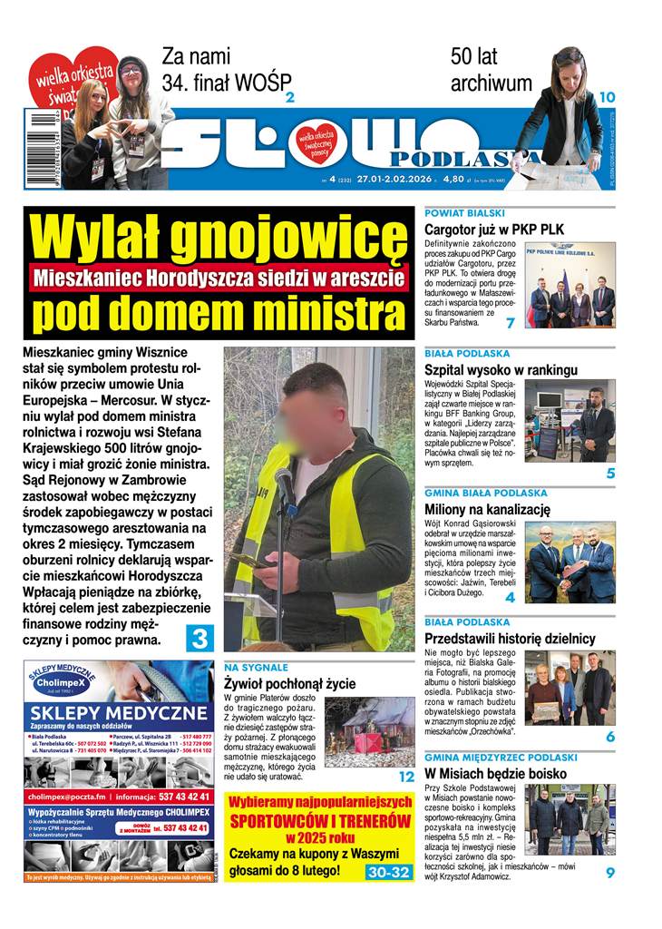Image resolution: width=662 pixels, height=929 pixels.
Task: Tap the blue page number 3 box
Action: [199, 639]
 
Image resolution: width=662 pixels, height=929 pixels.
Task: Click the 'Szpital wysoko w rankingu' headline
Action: [501, 369]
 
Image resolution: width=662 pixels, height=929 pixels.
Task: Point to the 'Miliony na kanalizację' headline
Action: [487, 509]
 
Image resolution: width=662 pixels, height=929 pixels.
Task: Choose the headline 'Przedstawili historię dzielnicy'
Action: [510, 639]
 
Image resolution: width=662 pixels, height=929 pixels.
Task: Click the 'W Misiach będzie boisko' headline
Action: [495, 774]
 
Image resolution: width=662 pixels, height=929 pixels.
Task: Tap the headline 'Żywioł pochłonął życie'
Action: [289, 684]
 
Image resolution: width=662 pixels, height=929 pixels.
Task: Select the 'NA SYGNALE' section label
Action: [256, 668]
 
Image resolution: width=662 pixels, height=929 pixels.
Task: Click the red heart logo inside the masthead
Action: [316, 140]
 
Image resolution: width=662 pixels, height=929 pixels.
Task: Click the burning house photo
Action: [369, 733]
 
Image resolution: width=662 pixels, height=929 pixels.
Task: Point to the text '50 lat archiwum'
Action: [491, 70]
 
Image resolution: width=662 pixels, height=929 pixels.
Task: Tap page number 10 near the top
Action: [607, 97]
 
